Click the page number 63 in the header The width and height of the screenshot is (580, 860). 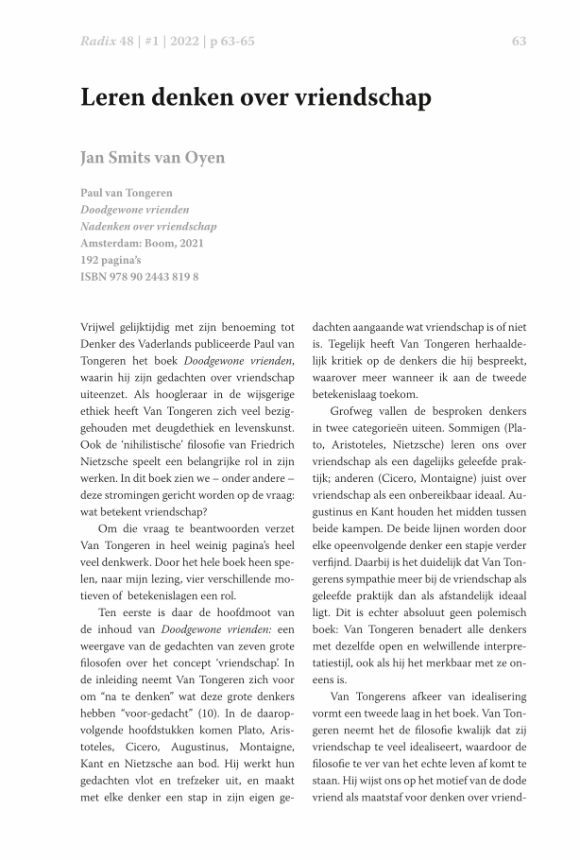click(519, 41)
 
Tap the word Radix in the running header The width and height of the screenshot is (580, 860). click(97, 41)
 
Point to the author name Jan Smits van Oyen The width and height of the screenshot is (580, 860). click(152, 157)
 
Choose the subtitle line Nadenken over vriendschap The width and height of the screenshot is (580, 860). click(148, 226)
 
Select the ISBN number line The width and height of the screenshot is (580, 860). click(140, 277)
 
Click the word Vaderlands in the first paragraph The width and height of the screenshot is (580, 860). click(154, 343)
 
